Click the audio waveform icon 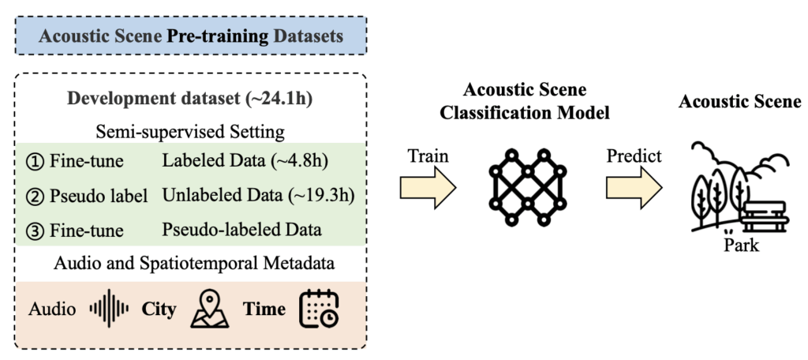[109, 309]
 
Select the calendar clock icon [319, 309]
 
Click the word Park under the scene [741, 246]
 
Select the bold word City [158, 309]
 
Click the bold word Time [264, 309]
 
